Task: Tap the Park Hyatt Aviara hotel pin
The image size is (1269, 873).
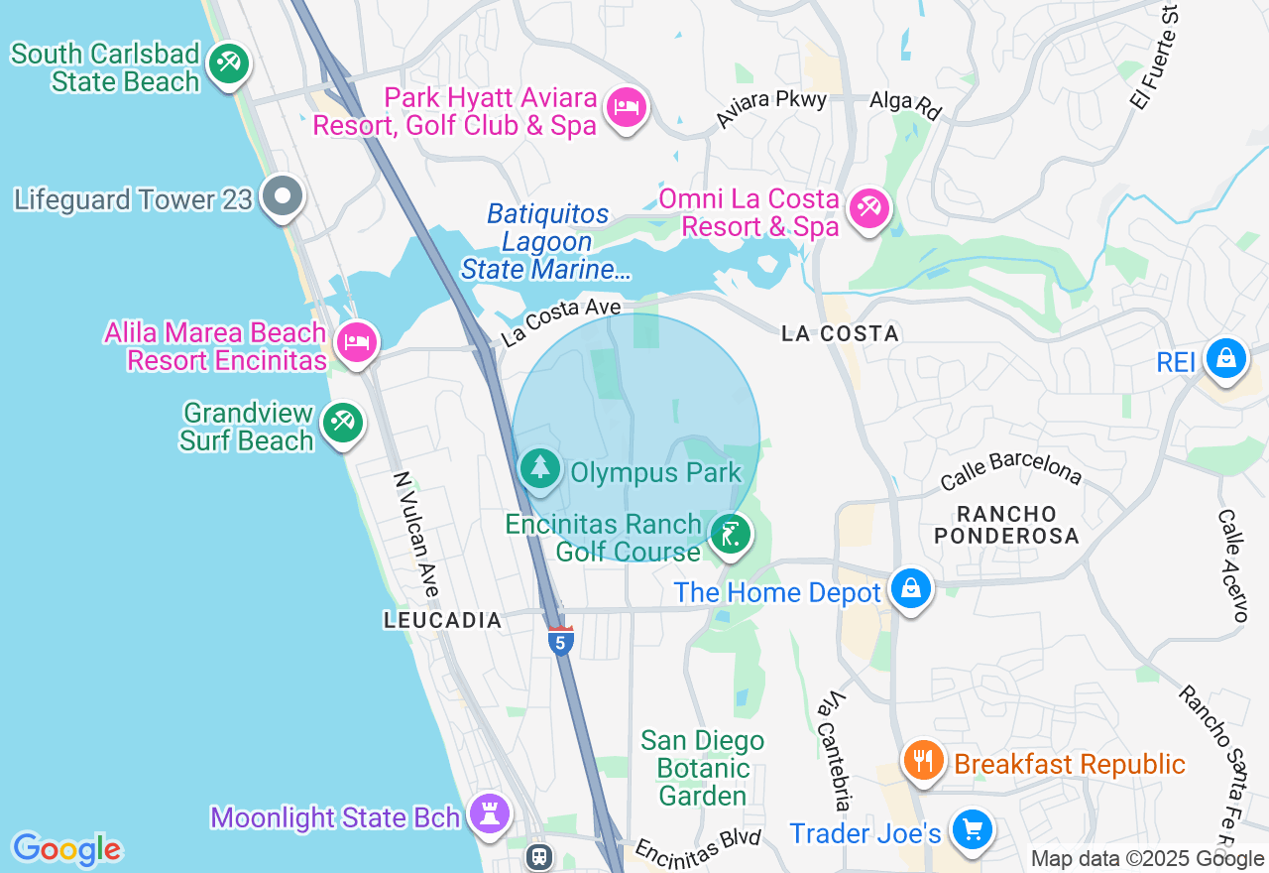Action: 626,107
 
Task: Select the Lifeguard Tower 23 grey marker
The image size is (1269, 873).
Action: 283,196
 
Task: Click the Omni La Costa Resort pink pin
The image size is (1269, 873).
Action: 868,208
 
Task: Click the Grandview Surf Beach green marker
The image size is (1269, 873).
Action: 343,423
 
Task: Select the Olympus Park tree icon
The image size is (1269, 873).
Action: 540,468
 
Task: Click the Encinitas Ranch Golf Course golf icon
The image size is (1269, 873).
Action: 731,536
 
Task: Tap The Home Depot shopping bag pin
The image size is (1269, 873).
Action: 910,589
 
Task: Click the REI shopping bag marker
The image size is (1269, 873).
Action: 1225,359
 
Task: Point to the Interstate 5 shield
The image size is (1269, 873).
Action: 560,641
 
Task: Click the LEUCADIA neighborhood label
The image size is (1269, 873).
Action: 443,620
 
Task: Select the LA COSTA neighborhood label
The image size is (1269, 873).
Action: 840,334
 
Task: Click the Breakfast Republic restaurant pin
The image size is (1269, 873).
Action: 923,761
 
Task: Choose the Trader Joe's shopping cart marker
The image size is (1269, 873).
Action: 971,829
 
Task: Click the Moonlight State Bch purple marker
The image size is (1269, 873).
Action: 490,813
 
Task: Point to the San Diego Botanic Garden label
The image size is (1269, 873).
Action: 703,768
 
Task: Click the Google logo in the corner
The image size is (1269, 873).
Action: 66,850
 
